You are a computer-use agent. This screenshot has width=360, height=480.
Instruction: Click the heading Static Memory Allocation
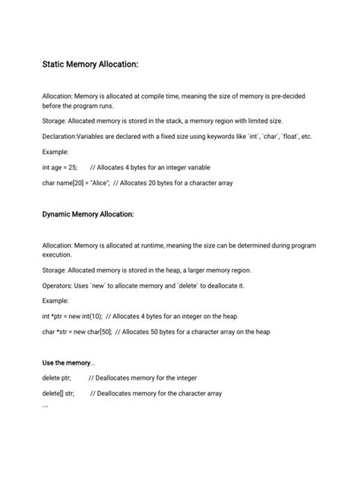90,65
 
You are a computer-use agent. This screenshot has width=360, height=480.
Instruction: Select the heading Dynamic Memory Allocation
88,215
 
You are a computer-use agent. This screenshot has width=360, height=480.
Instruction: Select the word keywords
217,136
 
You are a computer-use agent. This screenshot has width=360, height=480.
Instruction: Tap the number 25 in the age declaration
71,167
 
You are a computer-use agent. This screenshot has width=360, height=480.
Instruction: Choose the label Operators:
59,286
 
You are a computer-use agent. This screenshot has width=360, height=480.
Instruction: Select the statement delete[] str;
58,393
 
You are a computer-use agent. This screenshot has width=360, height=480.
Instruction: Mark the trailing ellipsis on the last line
46,406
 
